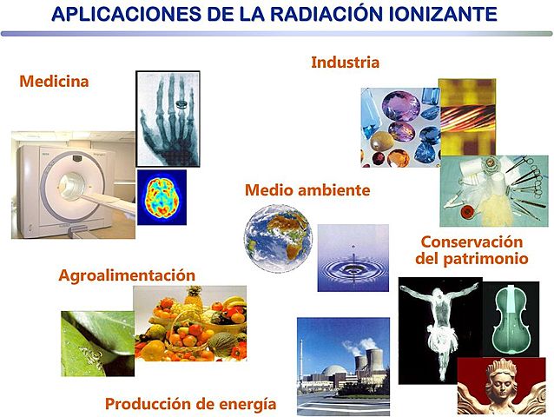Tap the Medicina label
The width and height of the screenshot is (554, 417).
pyautogui.click(x=54, y=82)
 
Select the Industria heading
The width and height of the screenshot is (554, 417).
pyautogui.click(x=345, y=63)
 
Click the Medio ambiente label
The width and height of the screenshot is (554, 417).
pyautogui.click(x=307, y=189)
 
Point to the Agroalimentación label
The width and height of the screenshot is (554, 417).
pyautogui.click(x=127, y=275)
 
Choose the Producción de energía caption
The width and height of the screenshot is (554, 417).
pyautogui.click(x=190, y=404)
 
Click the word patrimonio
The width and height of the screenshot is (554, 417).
pyautogui.click(x=482, y=258)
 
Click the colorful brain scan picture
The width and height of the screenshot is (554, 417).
pyautogui.click(x=162, y=198)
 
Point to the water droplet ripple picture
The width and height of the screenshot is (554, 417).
pyautogui.click(x=353, y=258)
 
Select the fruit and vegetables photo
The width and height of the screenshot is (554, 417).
pyautogui.click(x=190, y=322)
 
